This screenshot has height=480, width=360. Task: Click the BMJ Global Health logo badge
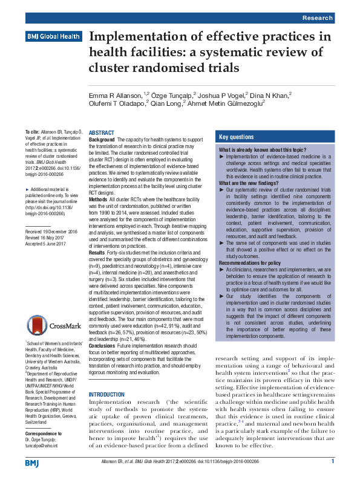(x=53, y=37)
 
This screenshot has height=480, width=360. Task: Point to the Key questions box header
(x=237, y=137)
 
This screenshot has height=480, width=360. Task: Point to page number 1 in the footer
(x=333, y=461)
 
